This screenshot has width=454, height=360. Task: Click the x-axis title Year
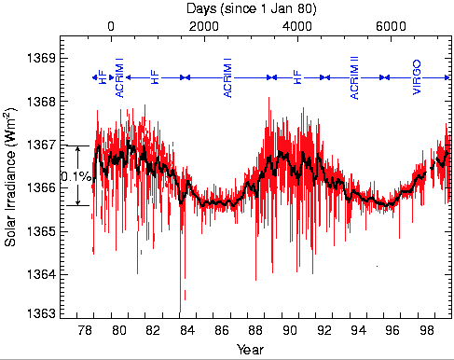pos(250,350)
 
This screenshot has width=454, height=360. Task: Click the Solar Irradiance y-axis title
pos(10,177)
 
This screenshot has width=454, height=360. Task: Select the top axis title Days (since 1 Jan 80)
pos(251,8)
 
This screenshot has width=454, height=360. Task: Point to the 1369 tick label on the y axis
pos(42,58)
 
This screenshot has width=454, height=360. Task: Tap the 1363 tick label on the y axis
pos(42,313)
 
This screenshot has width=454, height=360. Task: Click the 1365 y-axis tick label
pos(42,231)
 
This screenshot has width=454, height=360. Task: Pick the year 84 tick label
pos(187,330)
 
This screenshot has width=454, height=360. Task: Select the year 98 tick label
pos(426,330)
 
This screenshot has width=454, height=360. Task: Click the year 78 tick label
pos(85,330)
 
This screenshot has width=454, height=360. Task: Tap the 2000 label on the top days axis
pos(204,26)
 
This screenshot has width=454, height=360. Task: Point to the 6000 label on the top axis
pos(391,26)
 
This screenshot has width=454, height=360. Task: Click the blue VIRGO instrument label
pos(417,77)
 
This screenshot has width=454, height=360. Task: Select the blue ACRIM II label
pos(354,77)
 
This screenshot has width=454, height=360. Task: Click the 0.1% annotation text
pos(76,177)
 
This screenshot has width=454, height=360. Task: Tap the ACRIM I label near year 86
pos(227,77)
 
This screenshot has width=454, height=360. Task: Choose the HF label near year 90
pos(297,77)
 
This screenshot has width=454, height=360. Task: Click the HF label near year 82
pos(155,77)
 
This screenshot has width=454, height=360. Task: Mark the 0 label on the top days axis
pos(111,26)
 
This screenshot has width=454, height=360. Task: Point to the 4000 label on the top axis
pos(297,26)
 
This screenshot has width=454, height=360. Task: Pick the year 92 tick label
pos(324,330)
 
